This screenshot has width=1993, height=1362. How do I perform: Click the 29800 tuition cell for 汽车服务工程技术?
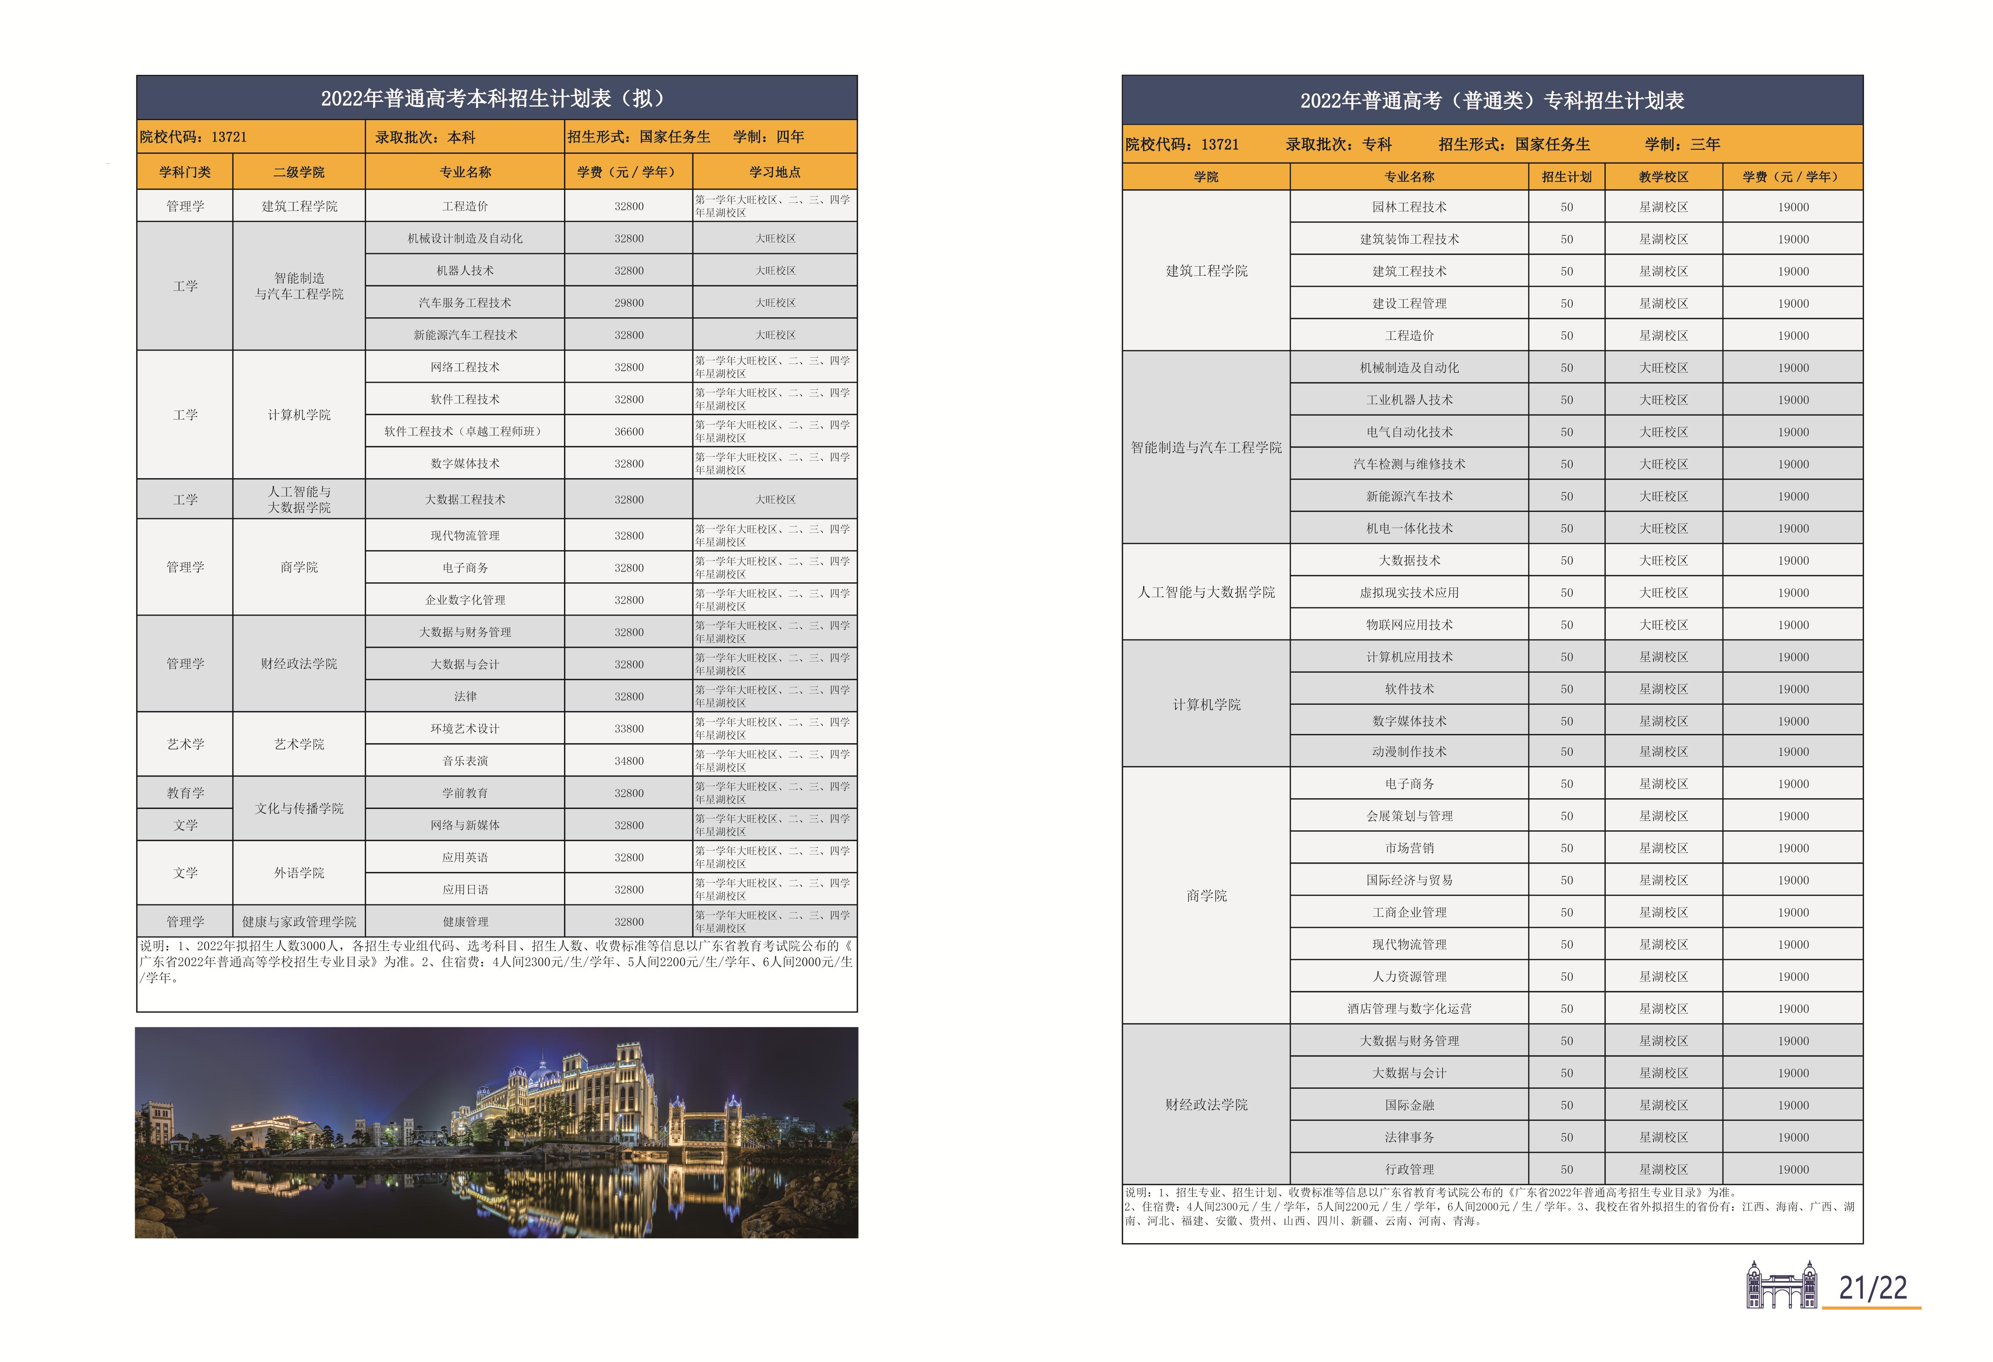(x=629, y=303)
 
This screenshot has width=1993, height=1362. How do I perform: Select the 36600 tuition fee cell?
(x=629, y=431)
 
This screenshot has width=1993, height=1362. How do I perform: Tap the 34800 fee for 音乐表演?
(x=629, y=761)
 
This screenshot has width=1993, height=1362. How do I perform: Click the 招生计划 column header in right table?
(x=1566, y=177)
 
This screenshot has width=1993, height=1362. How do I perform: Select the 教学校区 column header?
(x=1663, y=177)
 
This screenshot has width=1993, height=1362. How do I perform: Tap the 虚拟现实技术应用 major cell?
(x=1409, y=593)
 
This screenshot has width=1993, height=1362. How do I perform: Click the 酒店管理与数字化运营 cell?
(x=1409, y=1009)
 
